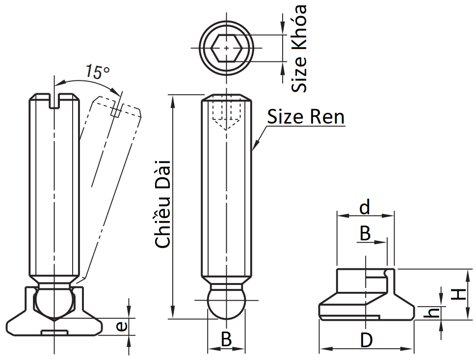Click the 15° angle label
coord(97,72)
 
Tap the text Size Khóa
coord(299,48)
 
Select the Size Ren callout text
coord(305,117)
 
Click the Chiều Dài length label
coord(162,202)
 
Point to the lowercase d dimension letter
coord(364,208)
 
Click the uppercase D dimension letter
coord(366,340)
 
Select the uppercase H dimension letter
coord(458,294)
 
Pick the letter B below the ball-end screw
coord(226,339)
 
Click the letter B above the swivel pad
coord(365,233)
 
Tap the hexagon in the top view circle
coord(226,48)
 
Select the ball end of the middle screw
coord(226,303)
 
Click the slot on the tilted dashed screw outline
coord(116,110)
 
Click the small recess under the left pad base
coord(53,333)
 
